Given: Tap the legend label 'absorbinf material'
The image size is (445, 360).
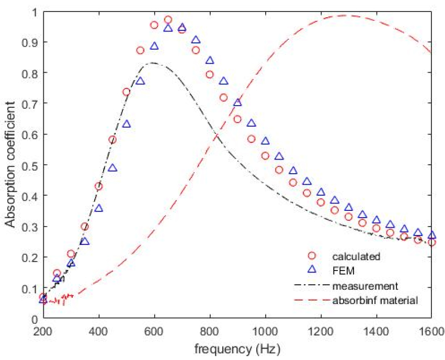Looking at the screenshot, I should tap(376, 300).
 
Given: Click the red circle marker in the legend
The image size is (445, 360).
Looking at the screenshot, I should tap(312, 256).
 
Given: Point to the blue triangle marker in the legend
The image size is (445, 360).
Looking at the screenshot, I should tap(312, 271).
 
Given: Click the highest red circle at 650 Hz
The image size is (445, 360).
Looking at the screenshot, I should tap(168, 20).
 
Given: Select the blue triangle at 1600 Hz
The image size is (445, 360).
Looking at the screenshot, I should tap(431, 235).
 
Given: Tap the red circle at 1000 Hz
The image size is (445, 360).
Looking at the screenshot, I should tap(265, 156).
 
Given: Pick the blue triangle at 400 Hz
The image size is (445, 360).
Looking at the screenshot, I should tap(99, 208).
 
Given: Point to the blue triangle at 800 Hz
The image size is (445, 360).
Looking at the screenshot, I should tap(210, 61).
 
